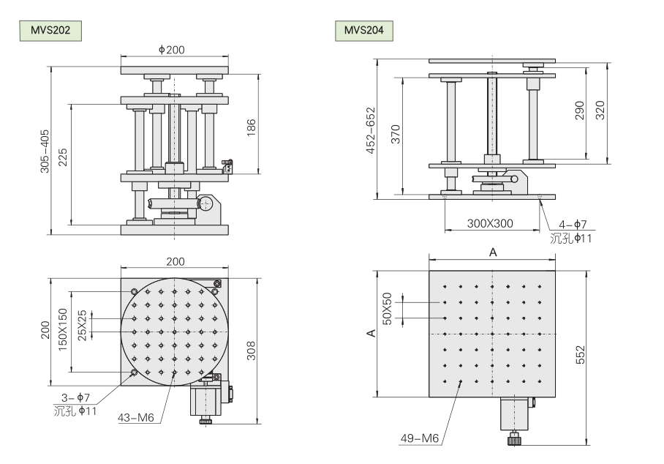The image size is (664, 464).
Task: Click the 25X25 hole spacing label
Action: (x=83, y=325)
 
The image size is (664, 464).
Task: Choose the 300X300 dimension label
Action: (x=490, y=224)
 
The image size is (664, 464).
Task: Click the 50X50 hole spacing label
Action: (x=388, y=309)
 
